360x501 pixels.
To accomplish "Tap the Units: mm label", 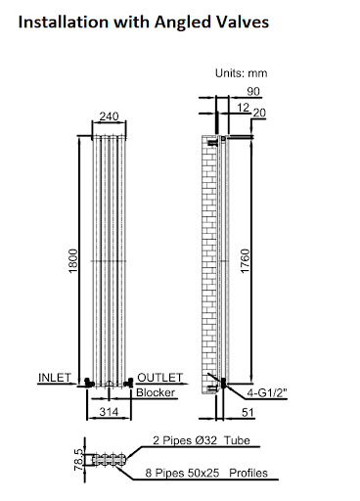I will point(240,73).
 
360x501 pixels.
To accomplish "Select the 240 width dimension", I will point(109,116).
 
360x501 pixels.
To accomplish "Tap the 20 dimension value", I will point(259,113).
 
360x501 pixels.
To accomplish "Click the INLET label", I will point(54,377).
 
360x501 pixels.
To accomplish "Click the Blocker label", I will point(155,392).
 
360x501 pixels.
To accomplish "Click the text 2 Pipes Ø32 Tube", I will point(202,440).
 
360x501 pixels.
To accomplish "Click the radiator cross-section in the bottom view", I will point(107,457).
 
